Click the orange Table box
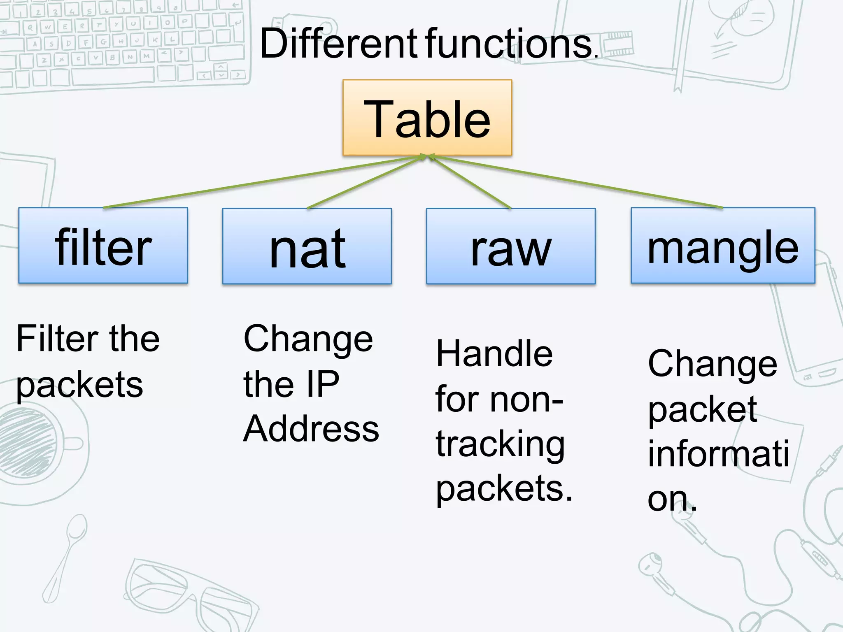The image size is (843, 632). click(427, 118)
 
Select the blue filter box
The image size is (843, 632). click(103, 246)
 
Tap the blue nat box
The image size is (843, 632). click(307, 246)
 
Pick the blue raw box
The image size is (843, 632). click(510, 246)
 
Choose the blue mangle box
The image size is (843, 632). click(723, 246)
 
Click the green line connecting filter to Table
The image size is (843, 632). click(263, 181)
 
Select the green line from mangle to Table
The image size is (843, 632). click(576, 182)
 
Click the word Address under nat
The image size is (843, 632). click(311, 429)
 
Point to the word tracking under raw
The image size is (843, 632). click(500, 445)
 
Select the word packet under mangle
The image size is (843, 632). click(702, 410)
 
